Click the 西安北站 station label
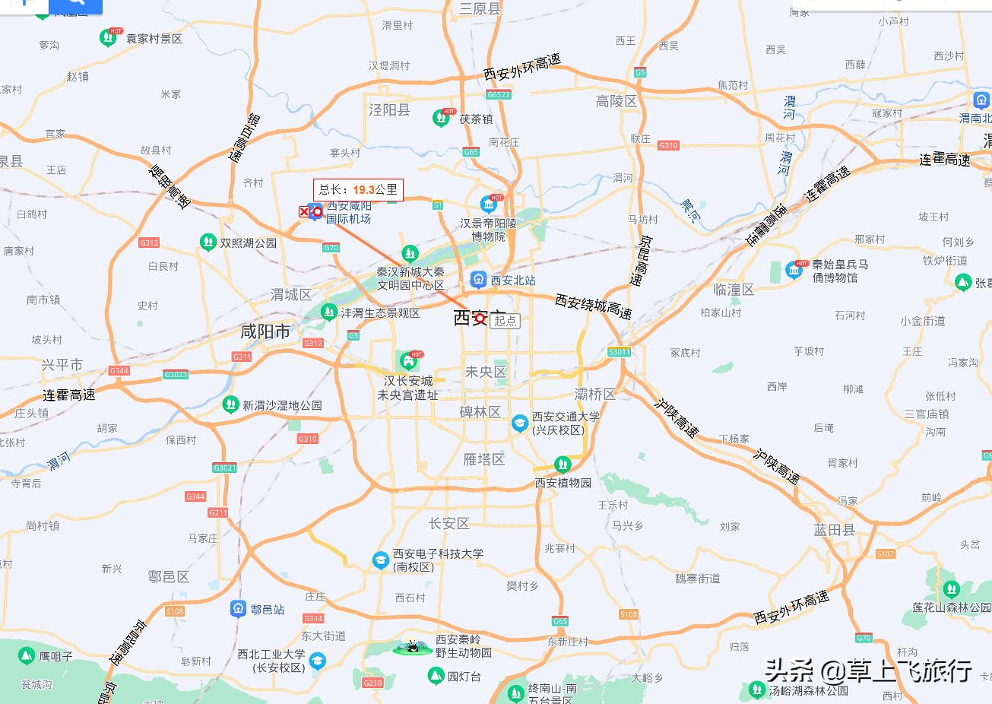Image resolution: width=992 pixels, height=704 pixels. point(512,281)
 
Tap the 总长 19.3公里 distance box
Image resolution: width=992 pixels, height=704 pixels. point(358,189)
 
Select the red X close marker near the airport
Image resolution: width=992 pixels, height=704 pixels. point(304,212)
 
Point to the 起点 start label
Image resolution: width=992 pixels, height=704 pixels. point(506,321)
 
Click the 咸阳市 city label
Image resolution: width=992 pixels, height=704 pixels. point(265,331)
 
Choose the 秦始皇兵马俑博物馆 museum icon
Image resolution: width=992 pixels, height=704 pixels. point(794,269)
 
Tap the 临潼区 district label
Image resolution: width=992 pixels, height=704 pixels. point(734,290)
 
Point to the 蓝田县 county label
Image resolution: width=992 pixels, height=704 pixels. point(834,530)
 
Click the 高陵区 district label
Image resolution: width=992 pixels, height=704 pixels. point(616,101)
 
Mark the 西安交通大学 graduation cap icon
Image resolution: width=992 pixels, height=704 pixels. point(519,423)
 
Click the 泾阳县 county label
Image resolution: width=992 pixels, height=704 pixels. point(389,110)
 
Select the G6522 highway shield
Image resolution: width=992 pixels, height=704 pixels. point(499,95)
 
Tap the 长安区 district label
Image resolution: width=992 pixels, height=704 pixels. point(449,523)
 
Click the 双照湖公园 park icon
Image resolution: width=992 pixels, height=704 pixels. point(208,243)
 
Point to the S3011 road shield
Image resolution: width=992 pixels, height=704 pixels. point(620,352)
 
